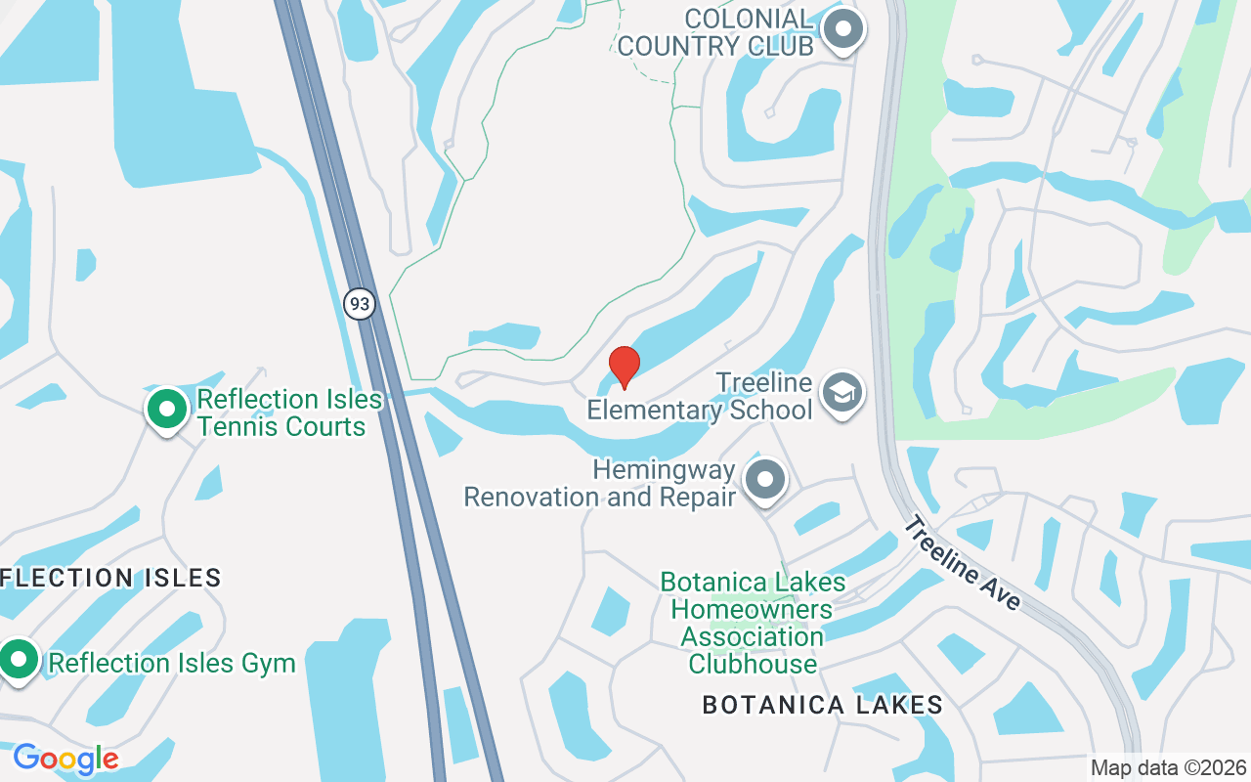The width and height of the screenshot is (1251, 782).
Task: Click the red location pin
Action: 624,367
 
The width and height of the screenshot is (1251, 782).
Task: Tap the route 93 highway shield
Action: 360,304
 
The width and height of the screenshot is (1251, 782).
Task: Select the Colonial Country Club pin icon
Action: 842,29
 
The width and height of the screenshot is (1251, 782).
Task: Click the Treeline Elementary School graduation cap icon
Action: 841,393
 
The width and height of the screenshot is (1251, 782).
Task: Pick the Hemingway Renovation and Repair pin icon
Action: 765,480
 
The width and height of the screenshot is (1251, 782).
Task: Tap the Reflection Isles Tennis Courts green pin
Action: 167,409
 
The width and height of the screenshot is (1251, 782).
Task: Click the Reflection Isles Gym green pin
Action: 18,659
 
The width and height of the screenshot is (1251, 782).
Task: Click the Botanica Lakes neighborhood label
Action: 822,705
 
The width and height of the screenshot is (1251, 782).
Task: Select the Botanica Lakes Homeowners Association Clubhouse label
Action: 753,623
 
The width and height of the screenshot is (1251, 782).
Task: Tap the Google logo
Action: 65,759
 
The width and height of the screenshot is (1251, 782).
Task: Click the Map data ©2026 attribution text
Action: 1169,767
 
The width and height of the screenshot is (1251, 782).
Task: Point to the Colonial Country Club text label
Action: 715,32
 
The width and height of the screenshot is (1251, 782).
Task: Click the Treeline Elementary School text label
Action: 701,396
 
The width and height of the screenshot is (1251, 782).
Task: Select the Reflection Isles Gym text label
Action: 172,663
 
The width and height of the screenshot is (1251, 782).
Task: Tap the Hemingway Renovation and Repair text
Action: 599,483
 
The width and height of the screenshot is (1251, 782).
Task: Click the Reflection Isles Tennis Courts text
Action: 281,413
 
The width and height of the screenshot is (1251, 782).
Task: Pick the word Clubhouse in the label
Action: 753,664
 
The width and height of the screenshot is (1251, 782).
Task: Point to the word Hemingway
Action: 664,469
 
